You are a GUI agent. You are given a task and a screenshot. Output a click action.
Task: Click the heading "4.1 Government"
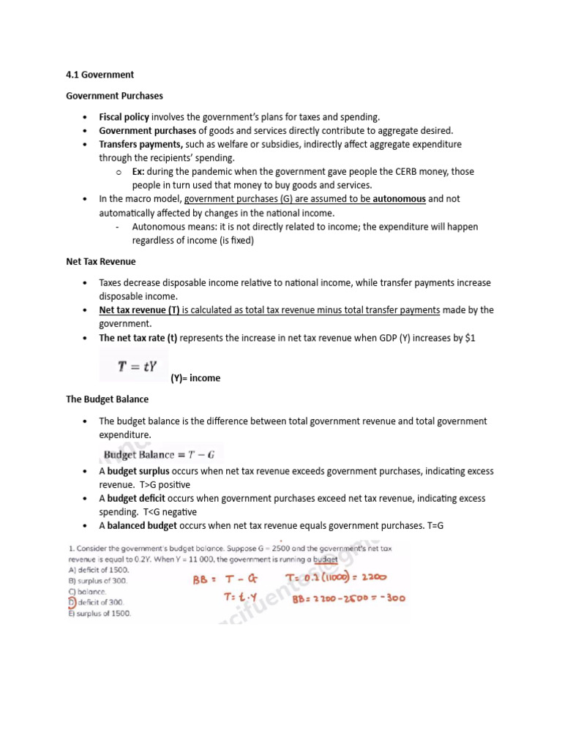click(100, 75)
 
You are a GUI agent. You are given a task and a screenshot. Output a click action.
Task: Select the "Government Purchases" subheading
click(115, 96)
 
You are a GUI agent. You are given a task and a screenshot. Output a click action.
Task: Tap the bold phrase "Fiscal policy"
click(124, 117)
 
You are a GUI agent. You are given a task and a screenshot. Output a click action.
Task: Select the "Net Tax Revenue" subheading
click(101, 261)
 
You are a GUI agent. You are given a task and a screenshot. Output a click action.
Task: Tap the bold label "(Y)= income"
click(195, 378)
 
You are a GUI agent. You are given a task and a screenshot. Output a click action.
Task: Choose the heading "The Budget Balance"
click(108, 399)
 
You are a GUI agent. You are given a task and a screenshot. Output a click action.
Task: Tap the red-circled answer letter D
click(72, 602)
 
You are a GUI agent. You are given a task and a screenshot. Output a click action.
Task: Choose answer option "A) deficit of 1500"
click(98, 569)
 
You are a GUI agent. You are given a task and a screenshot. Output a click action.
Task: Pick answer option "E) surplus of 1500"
click(100, 614)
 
